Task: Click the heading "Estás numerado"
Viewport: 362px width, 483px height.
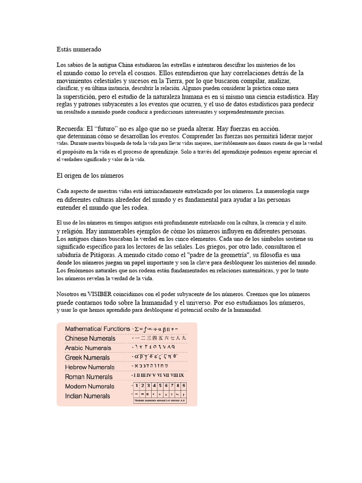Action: [78, 49]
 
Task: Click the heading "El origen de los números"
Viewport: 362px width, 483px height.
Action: [90, 175]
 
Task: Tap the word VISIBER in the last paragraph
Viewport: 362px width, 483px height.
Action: [99, 294]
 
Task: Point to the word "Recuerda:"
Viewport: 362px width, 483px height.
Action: [70, 128]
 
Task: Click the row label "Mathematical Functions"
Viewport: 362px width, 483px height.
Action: [97, 329]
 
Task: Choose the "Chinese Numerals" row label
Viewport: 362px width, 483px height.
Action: [90, 339]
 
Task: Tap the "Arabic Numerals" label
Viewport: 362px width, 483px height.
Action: [88, 348]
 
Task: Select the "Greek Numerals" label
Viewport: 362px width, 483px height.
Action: [87, 358]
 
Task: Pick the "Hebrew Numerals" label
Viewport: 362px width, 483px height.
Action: [90, 367]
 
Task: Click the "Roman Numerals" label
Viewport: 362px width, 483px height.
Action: [89, 377]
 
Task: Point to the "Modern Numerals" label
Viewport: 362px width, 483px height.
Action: [90, 386]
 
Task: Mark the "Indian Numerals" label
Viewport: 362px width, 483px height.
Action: [87, 396]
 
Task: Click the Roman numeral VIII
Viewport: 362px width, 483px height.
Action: [171, 375]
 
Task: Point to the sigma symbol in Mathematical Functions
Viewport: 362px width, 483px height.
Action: [137, 329]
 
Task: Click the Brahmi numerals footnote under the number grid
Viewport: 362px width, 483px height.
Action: [159, 401]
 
